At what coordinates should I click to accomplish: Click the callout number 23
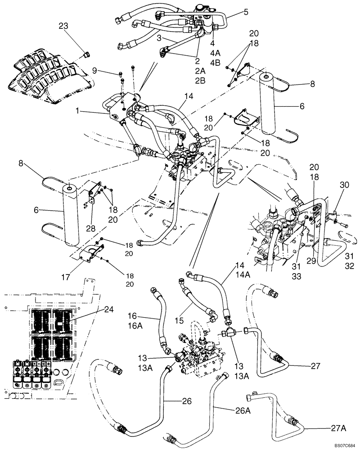click(x=64, y=27)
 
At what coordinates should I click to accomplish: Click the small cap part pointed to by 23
click(x=86, y=55)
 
